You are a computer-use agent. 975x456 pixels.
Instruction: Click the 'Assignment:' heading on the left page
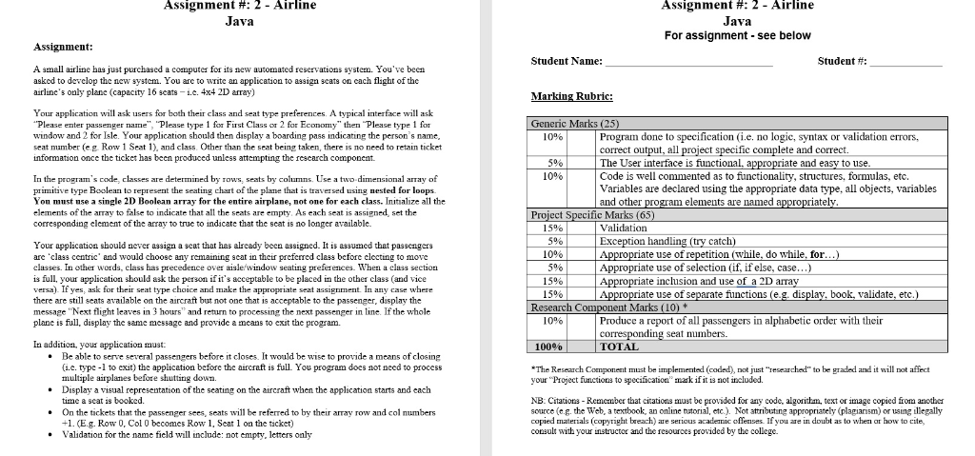[x=63, y=47]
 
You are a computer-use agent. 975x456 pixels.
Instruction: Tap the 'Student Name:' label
[x=567, y=61]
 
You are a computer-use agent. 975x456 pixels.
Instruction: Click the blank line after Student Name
[x=689, y=63]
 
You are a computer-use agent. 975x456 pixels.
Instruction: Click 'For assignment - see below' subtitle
[x=737, y=35]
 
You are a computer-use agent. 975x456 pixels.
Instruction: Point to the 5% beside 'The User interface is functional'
[x=550, y=163]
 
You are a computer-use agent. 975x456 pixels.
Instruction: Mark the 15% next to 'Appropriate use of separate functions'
[x=550, y=294]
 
